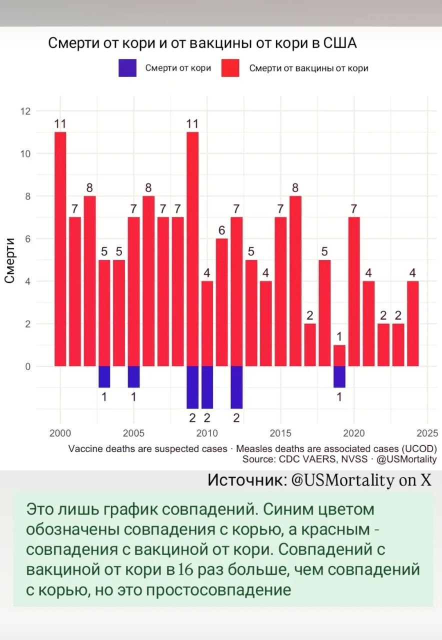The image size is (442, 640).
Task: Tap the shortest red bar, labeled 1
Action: pos(339,355)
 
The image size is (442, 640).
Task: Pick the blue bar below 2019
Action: pos(339,376)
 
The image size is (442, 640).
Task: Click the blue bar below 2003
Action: pos(104,376)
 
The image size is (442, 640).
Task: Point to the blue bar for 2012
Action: pos(236,387)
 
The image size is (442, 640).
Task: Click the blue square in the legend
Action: pos(127,68)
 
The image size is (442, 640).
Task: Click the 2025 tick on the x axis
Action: pos(428,432)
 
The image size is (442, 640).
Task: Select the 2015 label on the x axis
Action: pos(280,432)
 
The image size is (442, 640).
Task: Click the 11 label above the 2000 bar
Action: pos(60,124)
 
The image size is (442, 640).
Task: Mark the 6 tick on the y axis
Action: pos(27,238)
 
